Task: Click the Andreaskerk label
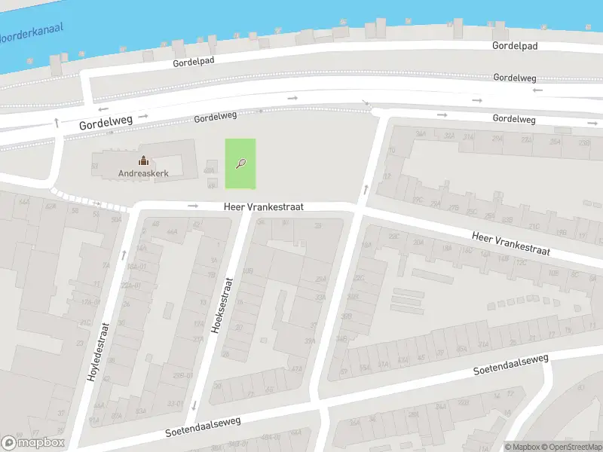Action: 142,173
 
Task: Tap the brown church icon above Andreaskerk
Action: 142,160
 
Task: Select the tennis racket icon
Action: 240,163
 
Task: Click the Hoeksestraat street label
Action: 224,306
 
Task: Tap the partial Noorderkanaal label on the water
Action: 32,32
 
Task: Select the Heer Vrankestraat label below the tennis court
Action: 263,206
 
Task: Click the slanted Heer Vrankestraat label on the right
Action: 510,243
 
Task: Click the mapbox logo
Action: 32,443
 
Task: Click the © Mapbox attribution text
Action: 522,447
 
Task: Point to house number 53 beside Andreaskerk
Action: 95,165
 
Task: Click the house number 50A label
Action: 116,220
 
